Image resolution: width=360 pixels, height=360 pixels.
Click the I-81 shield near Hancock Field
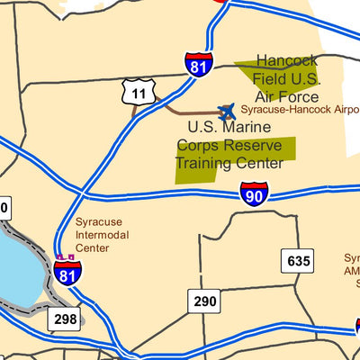(x=200, y=64)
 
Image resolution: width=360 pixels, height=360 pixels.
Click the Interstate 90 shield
(x=254, y=193)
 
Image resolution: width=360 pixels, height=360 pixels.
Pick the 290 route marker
(x=204, y=301)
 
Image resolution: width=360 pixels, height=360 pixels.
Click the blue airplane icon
(x=226, y=111)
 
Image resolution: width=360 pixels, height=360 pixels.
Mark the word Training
(x=202, y=164)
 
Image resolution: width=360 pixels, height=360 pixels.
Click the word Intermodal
(x=100, y=235)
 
